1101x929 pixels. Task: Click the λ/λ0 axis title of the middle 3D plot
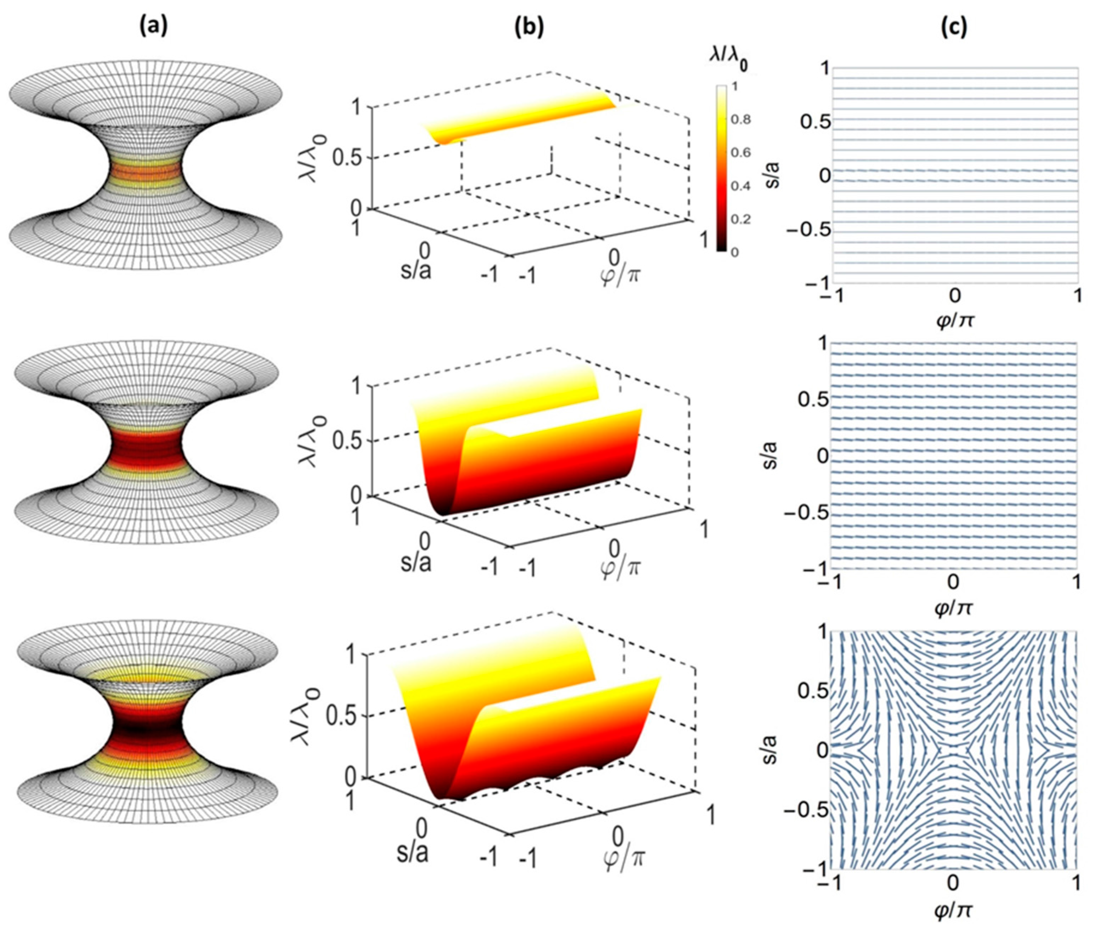pos(313,440)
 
